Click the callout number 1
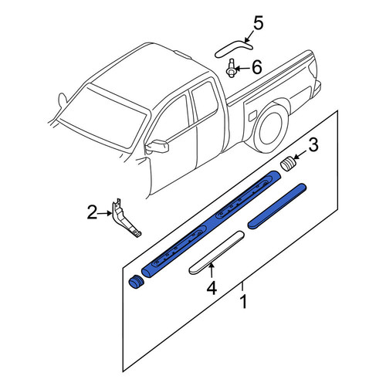243,302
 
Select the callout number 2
93,212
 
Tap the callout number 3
313,144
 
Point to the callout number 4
212,288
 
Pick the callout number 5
258,23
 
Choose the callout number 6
257,67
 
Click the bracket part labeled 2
125,218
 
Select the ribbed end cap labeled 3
288,164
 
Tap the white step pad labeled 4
216,252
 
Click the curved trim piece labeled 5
233,48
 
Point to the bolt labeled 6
232,68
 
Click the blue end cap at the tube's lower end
136,282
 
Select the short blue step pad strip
277,206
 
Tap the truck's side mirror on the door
157,146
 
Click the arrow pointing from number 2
105,213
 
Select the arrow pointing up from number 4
212,271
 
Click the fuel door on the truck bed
252,116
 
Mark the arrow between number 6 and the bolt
242,69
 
